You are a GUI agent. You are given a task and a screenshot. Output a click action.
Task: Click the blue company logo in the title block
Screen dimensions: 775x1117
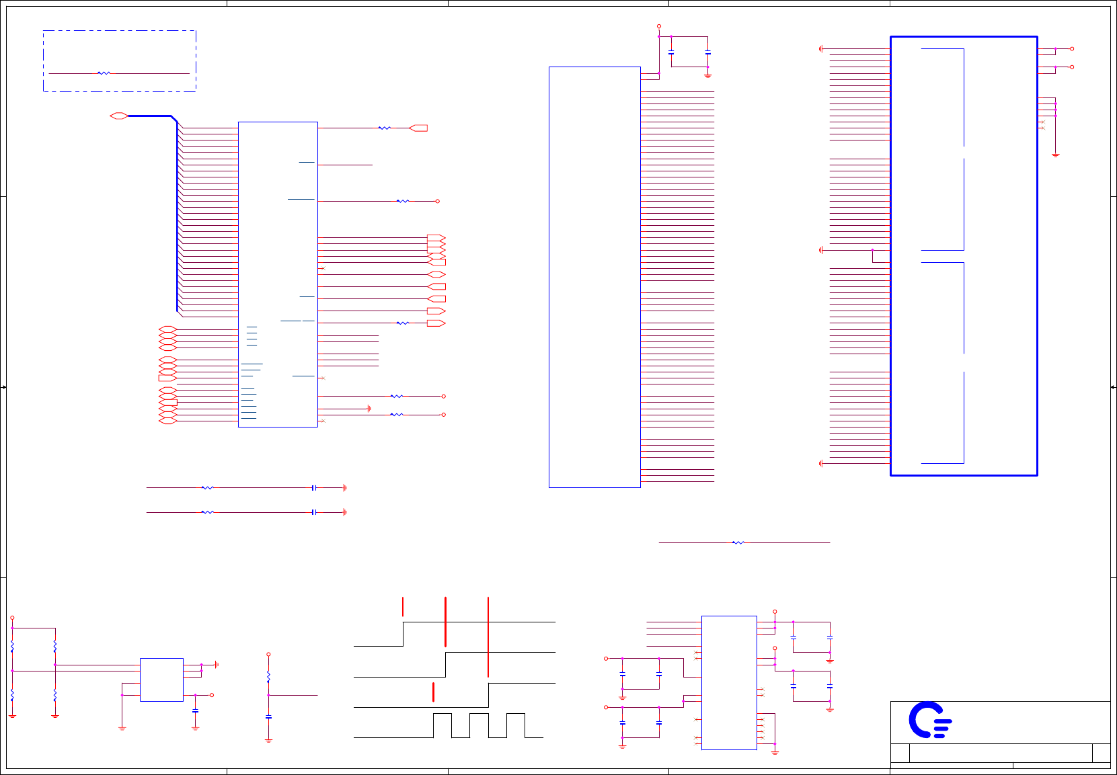click(x=929, y=720)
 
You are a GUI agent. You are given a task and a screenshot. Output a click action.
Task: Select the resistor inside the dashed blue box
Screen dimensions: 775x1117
click(x=104, y=73)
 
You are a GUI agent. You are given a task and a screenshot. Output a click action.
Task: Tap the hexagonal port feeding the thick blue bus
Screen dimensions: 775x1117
click(x=119, y=116)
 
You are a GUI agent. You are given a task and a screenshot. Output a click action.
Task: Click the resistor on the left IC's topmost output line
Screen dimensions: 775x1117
click(x=384, y=128)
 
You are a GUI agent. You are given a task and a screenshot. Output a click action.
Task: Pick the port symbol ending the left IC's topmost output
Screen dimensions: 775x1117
click(x=418, y=128)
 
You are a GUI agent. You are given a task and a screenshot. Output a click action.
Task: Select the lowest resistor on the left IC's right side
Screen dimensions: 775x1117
click(x=397, y=415)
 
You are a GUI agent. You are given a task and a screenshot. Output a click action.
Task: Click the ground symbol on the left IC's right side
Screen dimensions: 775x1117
click(x=369, y=409)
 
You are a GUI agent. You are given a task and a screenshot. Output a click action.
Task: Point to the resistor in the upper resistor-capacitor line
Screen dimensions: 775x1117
click(x=208, y=488)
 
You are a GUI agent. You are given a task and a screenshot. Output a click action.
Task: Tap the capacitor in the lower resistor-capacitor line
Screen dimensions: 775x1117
click(x=314, y=512)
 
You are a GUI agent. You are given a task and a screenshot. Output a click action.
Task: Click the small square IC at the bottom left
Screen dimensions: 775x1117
click(x=161, y=680)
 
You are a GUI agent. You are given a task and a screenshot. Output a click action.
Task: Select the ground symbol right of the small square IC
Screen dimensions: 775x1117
click(x=217, y=665)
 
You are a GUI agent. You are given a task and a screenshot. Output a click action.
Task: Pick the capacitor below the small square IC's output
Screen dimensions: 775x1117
click(x=195, y=710)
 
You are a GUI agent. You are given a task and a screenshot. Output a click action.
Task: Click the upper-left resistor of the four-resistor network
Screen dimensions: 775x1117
click(x=12, y=647)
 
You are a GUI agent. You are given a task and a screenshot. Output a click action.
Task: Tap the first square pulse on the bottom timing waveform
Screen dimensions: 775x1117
click(x=442, y=725)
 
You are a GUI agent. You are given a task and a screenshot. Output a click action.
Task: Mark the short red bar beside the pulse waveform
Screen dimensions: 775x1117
click(x=433, y=692)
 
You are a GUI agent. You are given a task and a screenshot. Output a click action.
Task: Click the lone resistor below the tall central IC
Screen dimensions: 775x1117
click(x=738, y=542)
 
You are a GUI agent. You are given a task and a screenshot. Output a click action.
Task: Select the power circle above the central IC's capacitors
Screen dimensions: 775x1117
click(x=659, y=26)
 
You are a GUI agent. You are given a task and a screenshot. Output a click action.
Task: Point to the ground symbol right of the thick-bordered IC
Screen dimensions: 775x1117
click(x=1056, y=155)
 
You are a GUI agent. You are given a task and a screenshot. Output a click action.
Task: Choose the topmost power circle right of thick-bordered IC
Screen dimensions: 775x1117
click(x=1072, y=49)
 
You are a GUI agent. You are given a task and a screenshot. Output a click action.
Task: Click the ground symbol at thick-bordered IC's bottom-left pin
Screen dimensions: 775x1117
click(x=821, y=463)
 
